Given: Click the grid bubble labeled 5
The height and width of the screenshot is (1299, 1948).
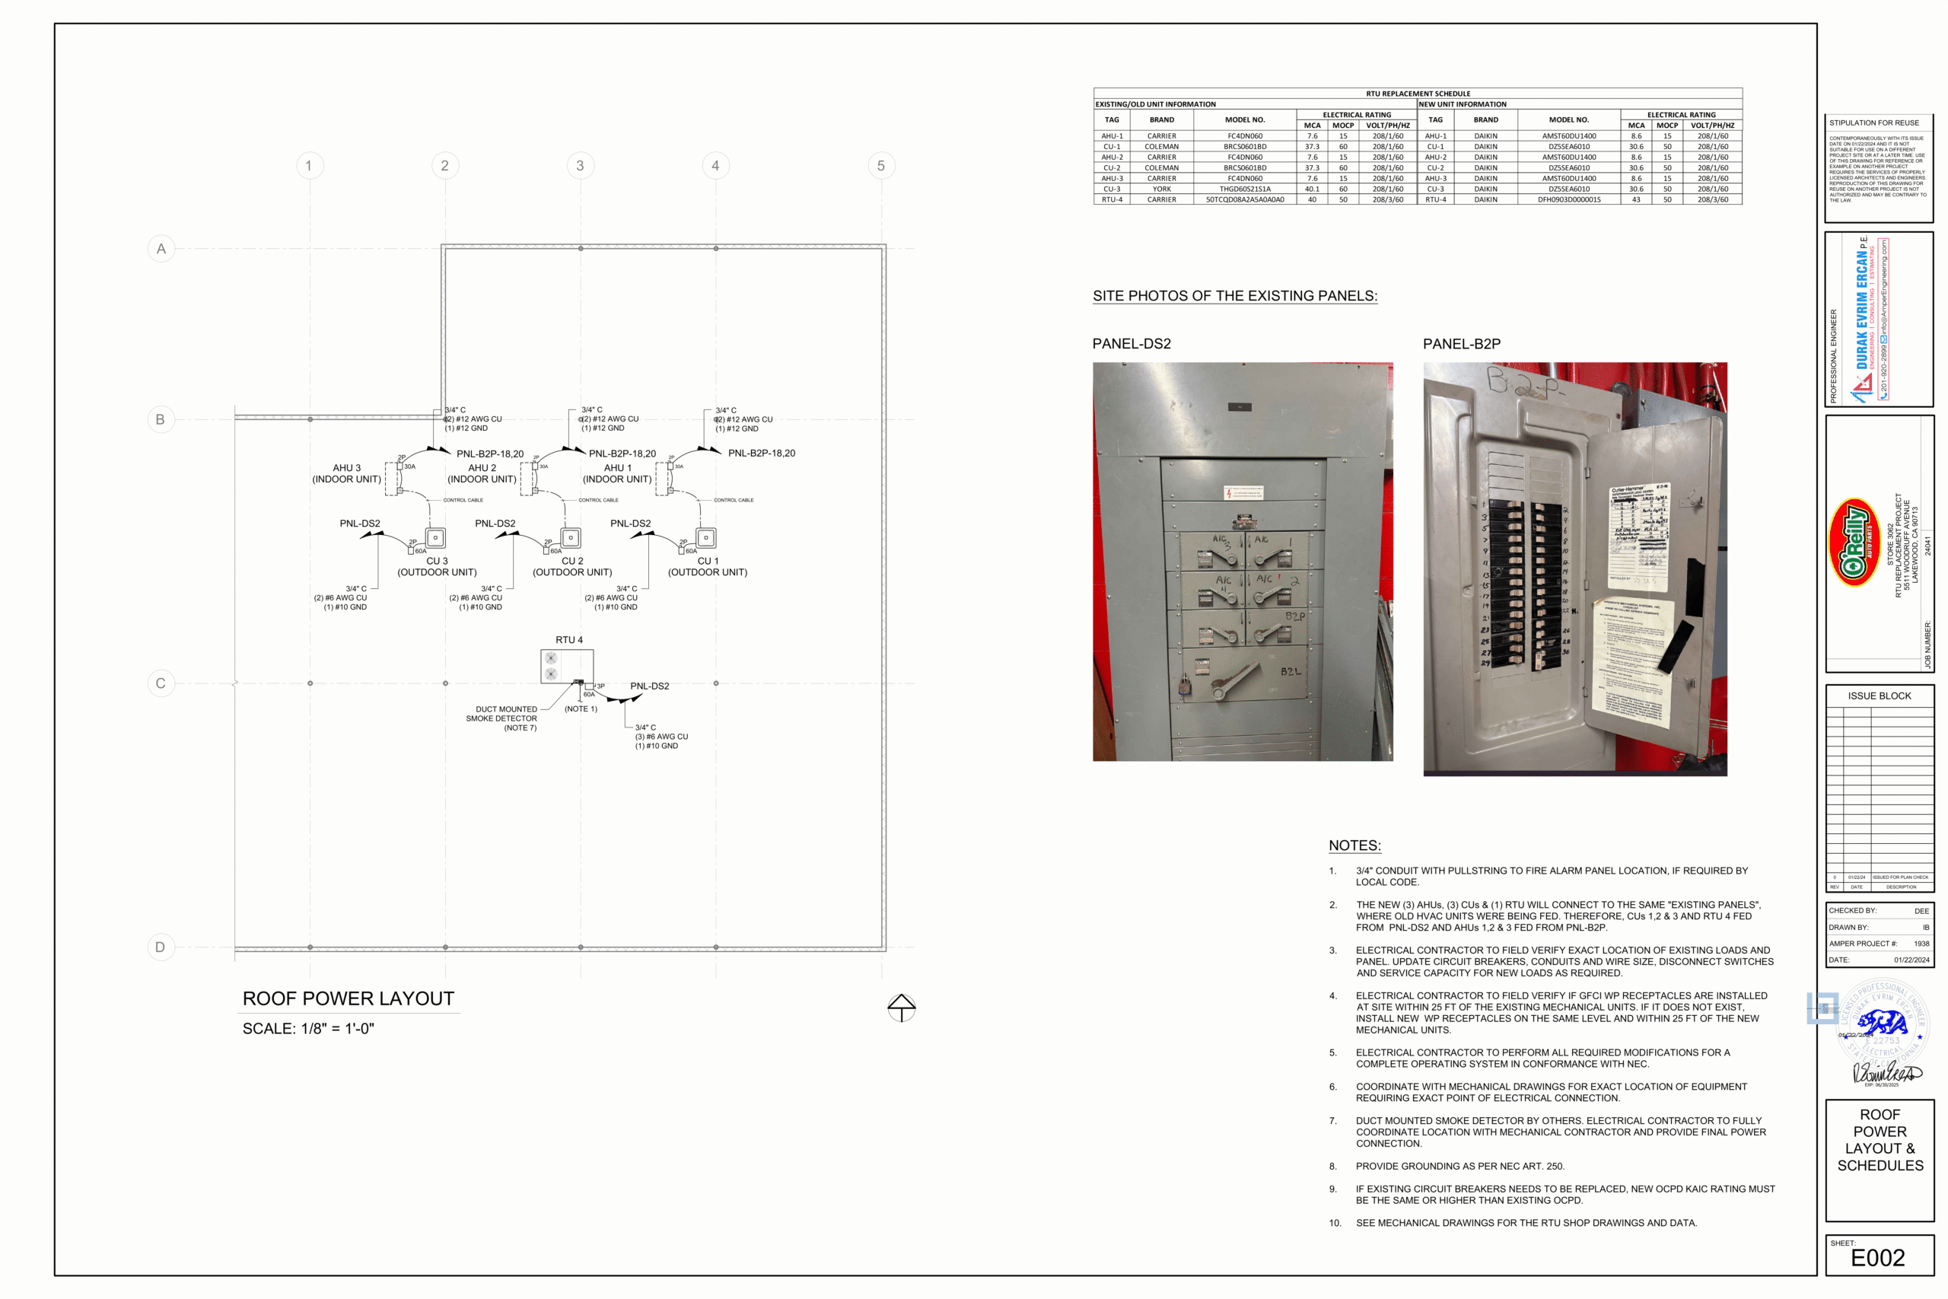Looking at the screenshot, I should coord(880,166).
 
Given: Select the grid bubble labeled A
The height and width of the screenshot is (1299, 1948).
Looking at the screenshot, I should coord(161,249).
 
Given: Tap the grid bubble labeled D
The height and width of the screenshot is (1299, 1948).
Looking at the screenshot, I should coord(161,947).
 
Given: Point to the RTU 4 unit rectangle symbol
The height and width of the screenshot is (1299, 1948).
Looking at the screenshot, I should coord(566,666).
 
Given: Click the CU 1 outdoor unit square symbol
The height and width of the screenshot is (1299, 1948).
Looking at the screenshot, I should coord(705,539).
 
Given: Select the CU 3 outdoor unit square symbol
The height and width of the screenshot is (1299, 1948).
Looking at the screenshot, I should coord(434,539).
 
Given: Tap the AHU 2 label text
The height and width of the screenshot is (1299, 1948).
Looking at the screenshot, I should coord(482,468).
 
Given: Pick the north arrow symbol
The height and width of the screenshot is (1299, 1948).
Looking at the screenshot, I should coord(901,1008).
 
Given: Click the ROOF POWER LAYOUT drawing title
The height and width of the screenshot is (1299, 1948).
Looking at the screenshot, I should coord(348,999).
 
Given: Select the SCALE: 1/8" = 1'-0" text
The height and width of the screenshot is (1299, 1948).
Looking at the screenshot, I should coord(308,1029).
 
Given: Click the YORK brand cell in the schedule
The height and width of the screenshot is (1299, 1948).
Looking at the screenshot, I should coord(1161,189).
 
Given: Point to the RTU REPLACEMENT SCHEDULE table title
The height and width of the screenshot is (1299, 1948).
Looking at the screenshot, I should coord(1417,94).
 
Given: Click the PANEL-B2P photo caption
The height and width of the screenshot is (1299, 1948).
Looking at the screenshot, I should coord(1461,344).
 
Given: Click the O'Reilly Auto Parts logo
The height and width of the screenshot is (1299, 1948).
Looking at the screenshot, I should coord(1854,543).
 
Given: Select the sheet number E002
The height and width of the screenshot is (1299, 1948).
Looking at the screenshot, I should coord(1877,1259).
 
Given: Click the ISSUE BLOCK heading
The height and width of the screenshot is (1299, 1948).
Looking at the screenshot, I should coord(1880,696).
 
